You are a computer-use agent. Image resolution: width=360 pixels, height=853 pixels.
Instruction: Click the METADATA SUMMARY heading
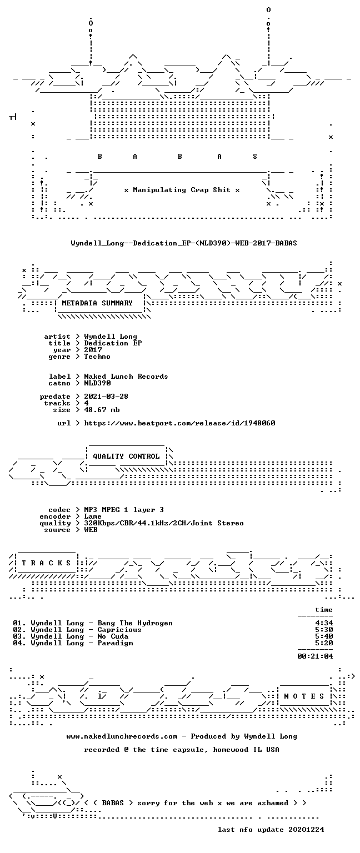pyautogui.click(x=97, y=303)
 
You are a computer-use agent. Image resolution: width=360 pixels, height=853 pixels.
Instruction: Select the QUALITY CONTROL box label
pyautogui.click(x=126, y=456)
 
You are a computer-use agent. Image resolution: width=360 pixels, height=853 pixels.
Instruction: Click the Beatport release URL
pyautogui.click(x=179, y=423)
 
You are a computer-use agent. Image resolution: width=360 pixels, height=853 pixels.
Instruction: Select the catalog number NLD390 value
pyautogui.click(x=98, y=383)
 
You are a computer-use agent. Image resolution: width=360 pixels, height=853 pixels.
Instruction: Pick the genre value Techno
pyautogui.click(x=97, y=357)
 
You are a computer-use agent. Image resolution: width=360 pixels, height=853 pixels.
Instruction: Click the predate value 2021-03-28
pyautogui.click(x=106, y=397)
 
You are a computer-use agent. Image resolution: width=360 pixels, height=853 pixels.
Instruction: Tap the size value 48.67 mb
pyautogui.click(x=102, y=410)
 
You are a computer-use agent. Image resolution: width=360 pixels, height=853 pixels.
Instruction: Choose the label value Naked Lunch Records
pyautogui.click(x=126, y=377)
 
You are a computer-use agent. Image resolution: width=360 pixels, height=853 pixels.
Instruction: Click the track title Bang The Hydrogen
pyautogui.click(x=135, y=623)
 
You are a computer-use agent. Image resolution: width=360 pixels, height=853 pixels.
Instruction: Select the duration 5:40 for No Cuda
pyautogui.click(x=324, y=636)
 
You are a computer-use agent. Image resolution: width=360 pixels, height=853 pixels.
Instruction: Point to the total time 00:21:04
pyautogui.click(x=315, y=656)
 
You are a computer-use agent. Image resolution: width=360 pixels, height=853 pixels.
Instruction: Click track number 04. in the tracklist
pyautogui.click(x=19, y=643)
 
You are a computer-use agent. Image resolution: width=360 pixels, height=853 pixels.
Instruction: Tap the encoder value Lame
pyautogui.click(x=93, y=516)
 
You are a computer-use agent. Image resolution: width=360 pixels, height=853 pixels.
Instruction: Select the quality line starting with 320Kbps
pyautogui.click(x=164, y=523)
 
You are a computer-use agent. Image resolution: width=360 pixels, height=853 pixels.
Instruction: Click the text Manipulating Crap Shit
pyautogui.click(x=182, y=190)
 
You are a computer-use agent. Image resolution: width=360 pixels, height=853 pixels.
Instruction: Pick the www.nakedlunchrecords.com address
pyautogui.click(x=122, y=736)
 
